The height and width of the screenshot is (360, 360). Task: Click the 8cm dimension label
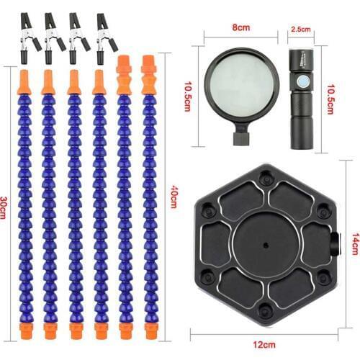coord(241,27)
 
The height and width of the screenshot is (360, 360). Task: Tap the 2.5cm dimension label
coord(301,30)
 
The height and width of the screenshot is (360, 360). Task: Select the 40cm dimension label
coord(174,197)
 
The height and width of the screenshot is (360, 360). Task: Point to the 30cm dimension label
coord(3,207)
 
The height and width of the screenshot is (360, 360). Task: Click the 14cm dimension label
coord(356,243)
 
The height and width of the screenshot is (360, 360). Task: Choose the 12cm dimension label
coord(264,345)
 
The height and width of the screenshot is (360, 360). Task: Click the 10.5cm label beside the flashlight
coord(331,99)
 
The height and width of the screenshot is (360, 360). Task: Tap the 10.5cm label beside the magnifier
coord(188,96)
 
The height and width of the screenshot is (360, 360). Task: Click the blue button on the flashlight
coord(302,81)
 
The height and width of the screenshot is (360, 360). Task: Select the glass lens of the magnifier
coord(242,85)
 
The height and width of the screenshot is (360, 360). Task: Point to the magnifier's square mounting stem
coord(241,139)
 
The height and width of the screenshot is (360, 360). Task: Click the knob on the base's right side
coord(336,244)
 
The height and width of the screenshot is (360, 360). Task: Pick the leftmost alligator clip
coord(30,38)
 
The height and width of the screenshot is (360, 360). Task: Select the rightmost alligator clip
coord(106,38)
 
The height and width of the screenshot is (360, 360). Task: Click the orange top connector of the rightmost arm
coord(149,75)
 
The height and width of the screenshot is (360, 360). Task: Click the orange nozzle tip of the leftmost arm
coord(25,82)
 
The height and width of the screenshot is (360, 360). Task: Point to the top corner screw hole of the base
coord(266,176)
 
